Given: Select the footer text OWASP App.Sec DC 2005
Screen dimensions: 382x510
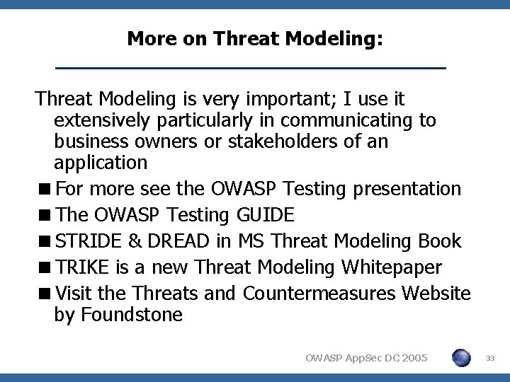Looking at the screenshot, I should [x=366, y=359].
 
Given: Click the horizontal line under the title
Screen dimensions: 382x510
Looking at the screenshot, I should [x=251, y=68].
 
